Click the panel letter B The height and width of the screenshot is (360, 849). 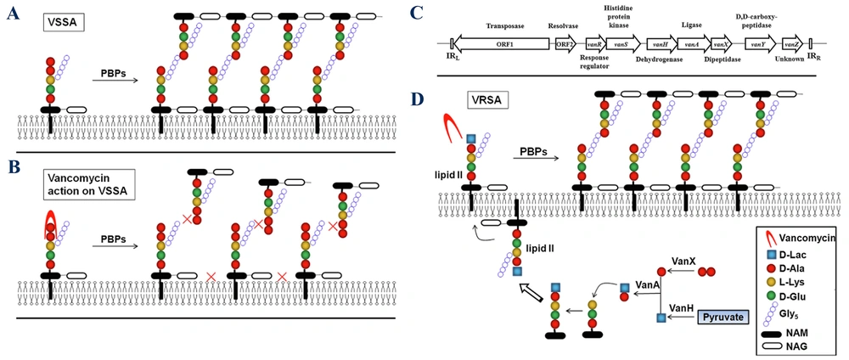(14, 169)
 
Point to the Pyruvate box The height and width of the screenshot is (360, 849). (727, 316)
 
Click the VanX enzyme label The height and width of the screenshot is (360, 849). (678, 265)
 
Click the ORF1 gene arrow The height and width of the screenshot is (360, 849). (500, 42)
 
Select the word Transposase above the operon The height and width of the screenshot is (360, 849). (501, 25)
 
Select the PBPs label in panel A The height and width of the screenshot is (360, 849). (112, 74)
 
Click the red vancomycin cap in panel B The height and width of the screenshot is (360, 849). (47, 226)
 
